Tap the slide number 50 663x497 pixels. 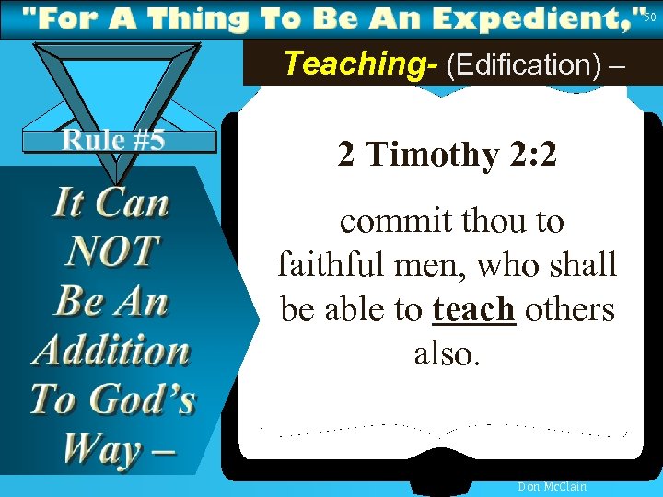[650, 17]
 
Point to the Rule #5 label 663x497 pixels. [113, 140]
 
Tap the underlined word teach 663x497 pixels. [472, 310]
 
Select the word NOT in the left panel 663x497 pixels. [112, 250]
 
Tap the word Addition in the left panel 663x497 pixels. [111, 350]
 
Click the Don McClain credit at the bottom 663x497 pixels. [552, 486]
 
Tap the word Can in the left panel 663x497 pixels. [135, 202]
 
